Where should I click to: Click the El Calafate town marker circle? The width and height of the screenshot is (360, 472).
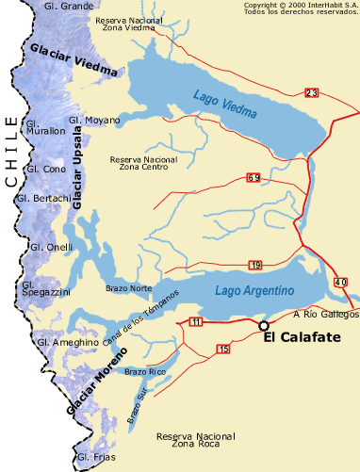click(x=264, y=326)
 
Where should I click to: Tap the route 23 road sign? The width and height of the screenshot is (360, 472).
click(x=312, y=92)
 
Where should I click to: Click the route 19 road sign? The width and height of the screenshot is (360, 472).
click(x=256, y=265)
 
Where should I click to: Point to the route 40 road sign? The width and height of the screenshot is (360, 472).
click(x=339, y=282)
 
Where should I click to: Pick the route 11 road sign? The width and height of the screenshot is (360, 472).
click(x=196, y=322)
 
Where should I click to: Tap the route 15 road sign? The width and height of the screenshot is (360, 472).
click(x=222, y=350)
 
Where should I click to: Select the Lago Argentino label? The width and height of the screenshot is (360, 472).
click(x=255, y=290)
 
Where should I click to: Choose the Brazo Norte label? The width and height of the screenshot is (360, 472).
click(x=128, y=287)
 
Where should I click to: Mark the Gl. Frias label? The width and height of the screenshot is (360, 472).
click(x=95, y=458)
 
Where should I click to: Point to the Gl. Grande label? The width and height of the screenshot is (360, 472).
click(x=69, y=7)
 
